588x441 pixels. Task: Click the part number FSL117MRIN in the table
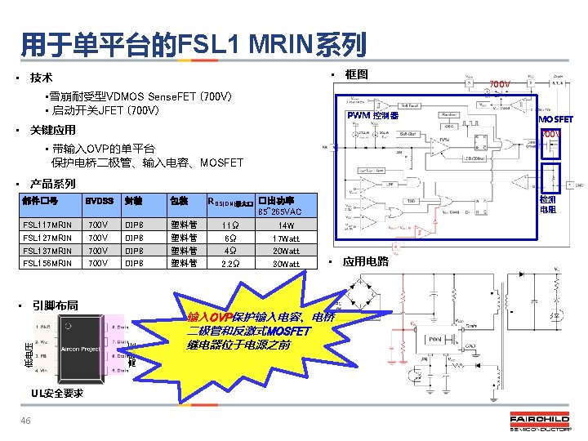click(x=47, y=225)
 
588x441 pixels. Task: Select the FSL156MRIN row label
click(x=47, y=263)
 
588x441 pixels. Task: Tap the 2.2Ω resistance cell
click(x=229, y=264)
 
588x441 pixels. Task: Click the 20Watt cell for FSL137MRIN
click(x=286, y=251)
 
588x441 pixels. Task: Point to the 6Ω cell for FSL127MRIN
click(x=229, y=238)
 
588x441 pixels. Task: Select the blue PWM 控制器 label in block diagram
click(x=372, y=117)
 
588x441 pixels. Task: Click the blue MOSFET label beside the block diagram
click(x=555, y=119)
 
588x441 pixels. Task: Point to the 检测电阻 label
click(x=547, y=203)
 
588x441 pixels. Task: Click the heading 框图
click(x=356, y=74)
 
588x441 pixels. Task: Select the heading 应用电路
click(x=365, y=262)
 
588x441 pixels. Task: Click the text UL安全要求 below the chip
click(x=57, y=393)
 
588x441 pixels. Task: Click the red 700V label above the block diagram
click(x=499, y=83)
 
